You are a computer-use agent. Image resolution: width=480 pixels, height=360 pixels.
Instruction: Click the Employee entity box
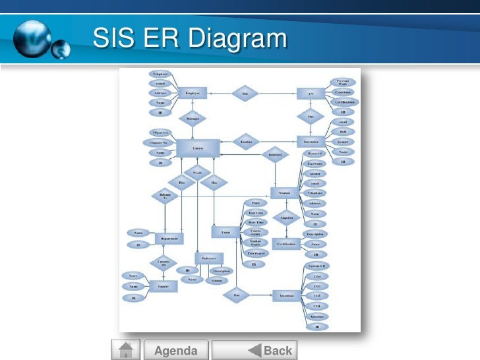(x=193, y=94)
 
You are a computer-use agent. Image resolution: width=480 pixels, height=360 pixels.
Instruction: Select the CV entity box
(x=311, y=94)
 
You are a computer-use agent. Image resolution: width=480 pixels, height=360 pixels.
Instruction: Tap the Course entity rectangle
(x=198, y=148)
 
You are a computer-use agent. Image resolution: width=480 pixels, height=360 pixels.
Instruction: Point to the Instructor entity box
(x=311, y=142)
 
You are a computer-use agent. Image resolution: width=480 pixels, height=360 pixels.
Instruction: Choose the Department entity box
(x=169, y=239)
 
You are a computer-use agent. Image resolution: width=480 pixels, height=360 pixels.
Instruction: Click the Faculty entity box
(x=163, y=286)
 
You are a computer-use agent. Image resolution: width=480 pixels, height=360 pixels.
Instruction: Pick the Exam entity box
(x=225, y=232)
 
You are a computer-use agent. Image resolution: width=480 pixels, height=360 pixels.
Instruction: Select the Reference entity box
(x=209, y=258)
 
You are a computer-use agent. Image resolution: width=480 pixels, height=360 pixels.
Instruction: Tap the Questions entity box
(x=287, y=296)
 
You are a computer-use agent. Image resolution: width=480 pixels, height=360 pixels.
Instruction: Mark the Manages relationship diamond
(x=193, y=119)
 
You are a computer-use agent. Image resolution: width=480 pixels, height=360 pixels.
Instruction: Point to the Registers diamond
(x=275, y=156)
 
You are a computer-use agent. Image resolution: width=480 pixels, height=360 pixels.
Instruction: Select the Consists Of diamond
(x=163, y=263)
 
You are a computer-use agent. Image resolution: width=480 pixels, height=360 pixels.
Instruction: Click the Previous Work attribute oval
(x=343, y=82)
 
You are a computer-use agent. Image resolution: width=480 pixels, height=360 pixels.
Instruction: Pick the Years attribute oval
(x=133, y=275)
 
